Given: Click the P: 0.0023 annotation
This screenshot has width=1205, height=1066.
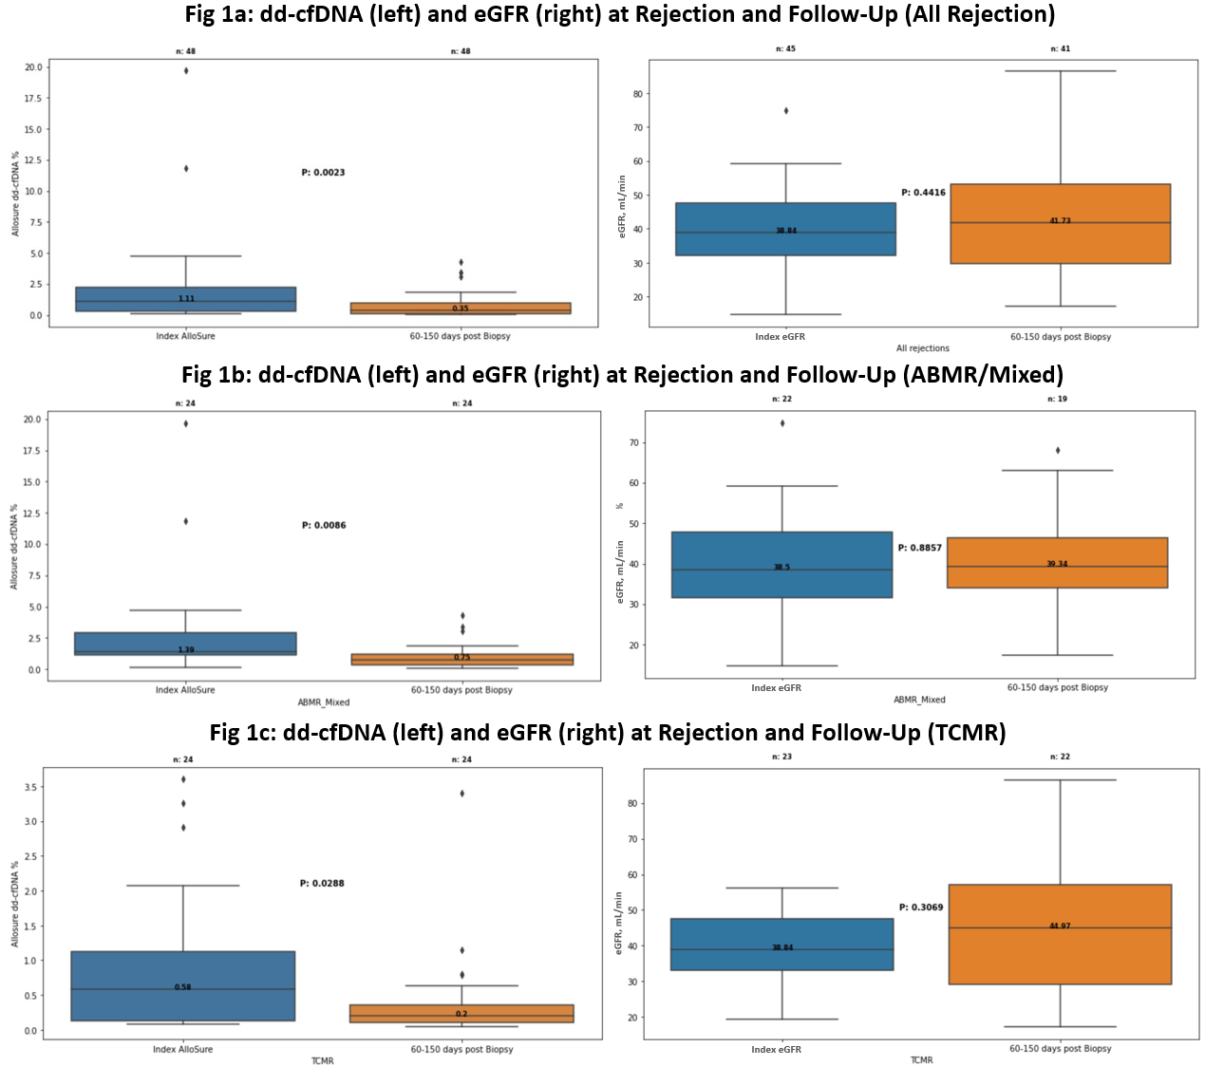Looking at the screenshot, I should click(x=323, y=173).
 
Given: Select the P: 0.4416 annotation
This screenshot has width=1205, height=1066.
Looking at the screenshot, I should click(x=923, y=193).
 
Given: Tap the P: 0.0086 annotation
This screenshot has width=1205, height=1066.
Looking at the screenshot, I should click(x=324, y=525).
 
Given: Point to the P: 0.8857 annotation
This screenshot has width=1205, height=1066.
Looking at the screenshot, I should click(x=920, y=548).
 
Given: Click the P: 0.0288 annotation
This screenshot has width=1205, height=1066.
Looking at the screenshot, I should click(x=322, y=883).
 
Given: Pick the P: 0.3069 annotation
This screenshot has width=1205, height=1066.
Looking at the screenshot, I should click(x=921, y=907).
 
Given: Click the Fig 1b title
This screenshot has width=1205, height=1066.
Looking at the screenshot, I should click(x=622, y=375).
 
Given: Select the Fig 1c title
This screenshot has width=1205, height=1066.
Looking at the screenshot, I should click(x=608, y=733).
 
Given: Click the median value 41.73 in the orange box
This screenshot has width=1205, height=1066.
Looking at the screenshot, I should click(x=1060, y=220).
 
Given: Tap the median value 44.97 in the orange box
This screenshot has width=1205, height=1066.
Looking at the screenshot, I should click(x=1060, y=926).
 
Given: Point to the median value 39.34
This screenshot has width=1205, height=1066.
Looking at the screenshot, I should click(x=1057, y=564).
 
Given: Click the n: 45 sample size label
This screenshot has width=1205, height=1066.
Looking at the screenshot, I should click(x=785, y=48).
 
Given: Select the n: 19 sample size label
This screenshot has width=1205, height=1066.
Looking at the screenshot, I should click(x=1057, y=399).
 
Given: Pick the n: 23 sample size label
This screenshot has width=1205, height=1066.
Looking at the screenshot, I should click(x=781, y=757).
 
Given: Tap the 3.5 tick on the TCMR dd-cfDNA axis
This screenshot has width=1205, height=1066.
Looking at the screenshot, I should click(x=31, y=788).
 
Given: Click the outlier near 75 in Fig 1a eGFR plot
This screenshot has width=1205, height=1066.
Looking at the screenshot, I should click(x=785, y=111).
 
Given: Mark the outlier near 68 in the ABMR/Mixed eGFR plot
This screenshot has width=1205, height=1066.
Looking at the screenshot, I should click(x=1058, y=450).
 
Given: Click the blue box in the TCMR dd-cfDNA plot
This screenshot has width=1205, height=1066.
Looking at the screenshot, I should click(x=182, y=985).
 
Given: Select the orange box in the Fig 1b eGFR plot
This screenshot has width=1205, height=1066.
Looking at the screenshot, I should click(x=1057, y=563).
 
